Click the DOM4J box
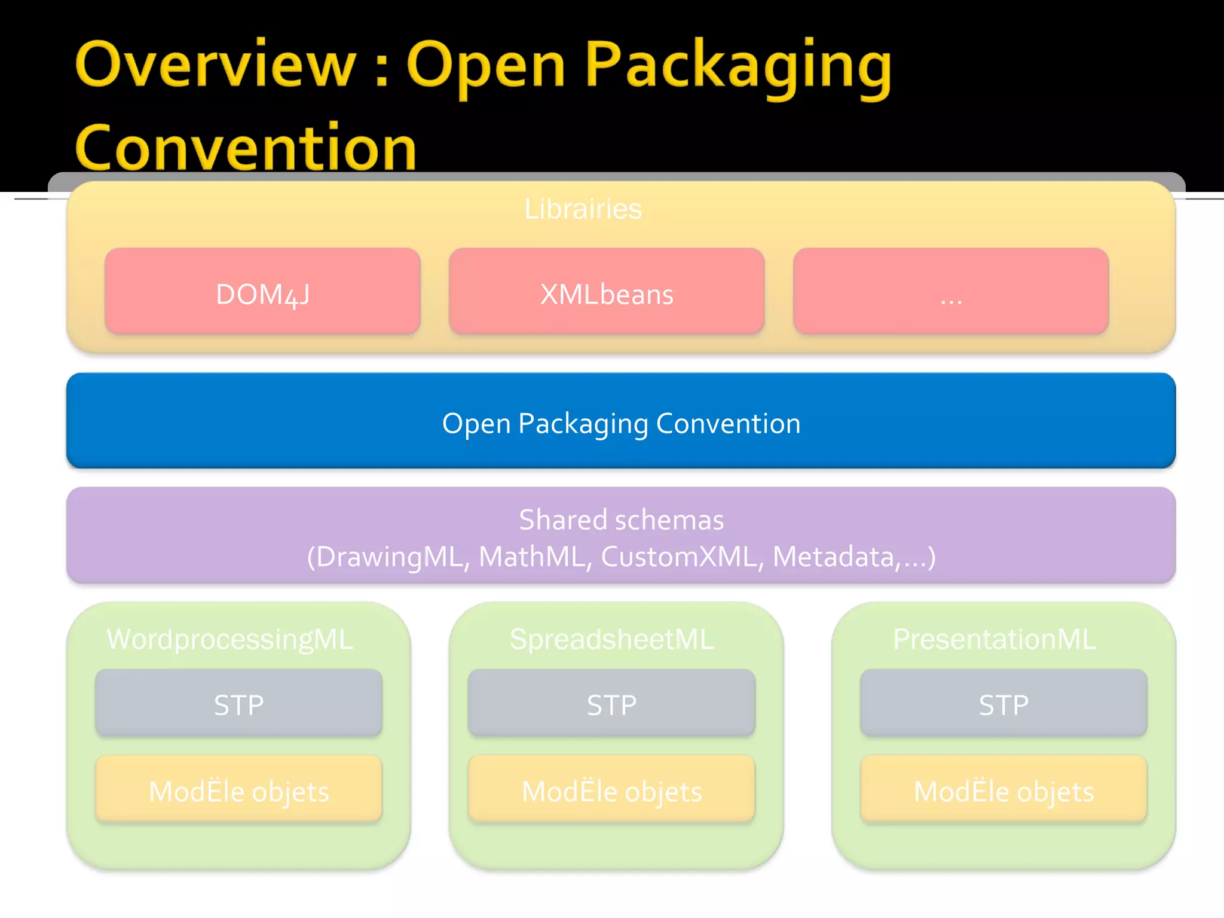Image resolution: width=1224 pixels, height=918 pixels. [262, 292]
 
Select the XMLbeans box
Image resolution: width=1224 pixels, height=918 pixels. [607, 292]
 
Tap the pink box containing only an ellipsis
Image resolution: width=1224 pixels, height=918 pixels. [950, 292]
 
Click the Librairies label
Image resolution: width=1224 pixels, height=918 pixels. [583, 209]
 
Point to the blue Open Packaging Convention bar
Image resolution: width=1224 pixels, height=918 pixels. [620, 422]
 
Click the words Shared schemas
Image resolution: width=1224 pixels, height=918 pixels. [620, 519]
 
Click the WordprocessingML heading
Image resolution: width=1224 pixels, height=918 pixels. [230, 639]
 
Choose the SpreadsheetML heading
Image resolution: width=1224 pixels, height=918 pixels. [611, 639]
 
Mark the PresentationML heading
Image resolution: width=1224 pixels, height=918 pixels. [994, 639]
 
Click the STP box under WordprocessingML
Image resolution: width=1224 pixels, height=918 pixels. [238, 703]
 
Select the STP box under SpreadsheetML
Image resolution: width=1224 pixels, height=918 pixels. [611, 703]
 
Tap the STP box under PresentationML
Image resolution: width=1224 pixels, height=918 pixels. [1003, 703]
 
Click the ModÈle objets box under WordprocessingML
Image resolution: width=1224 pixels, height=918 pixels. [238, 790]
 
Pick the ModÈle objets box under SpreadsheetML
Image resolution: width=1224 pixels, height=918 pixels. [611, 790]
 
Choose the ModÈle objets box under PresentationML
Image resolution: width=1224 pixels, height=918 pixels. [1003, 790]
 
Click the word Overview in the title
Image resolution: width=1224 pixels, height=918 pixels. [215, 65]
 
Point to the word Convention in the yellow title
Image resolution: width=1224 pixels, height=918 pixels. [245, 147]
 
